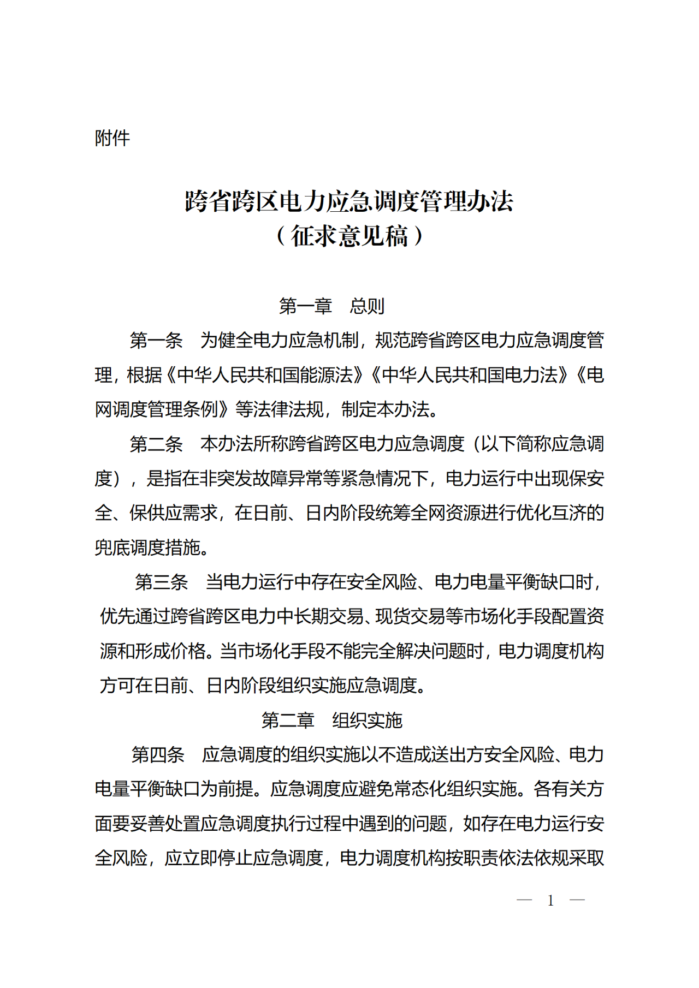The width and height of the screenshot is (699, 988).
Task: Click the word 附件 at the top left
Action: (112, 138)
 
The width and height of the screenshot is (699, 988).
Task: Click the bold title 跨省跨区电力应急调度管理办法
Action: (349, 201)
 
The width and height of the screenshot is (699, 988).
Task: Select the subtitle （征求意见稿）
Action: (349, 236)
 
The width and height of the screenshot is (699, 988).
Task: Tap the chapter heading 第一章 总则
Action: (331, 306)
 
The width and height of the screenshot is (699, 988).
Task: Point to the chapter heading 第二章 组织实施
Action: (331, 721)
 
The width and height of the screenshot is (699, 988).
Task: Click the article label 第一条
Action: (156, 341)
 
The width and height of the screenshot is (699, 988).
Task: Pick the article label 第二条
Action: (156, 444)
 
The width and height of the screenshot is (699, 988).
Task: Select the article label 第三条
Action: (162, 582)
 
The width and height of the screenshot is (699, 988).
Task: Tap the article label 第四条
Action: (158, 755)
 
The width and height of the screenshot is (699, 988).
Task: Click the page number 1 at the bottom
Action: (550, 900)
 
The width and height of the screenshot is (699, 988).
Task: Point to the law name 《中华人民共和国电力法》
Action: (469, 375)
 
